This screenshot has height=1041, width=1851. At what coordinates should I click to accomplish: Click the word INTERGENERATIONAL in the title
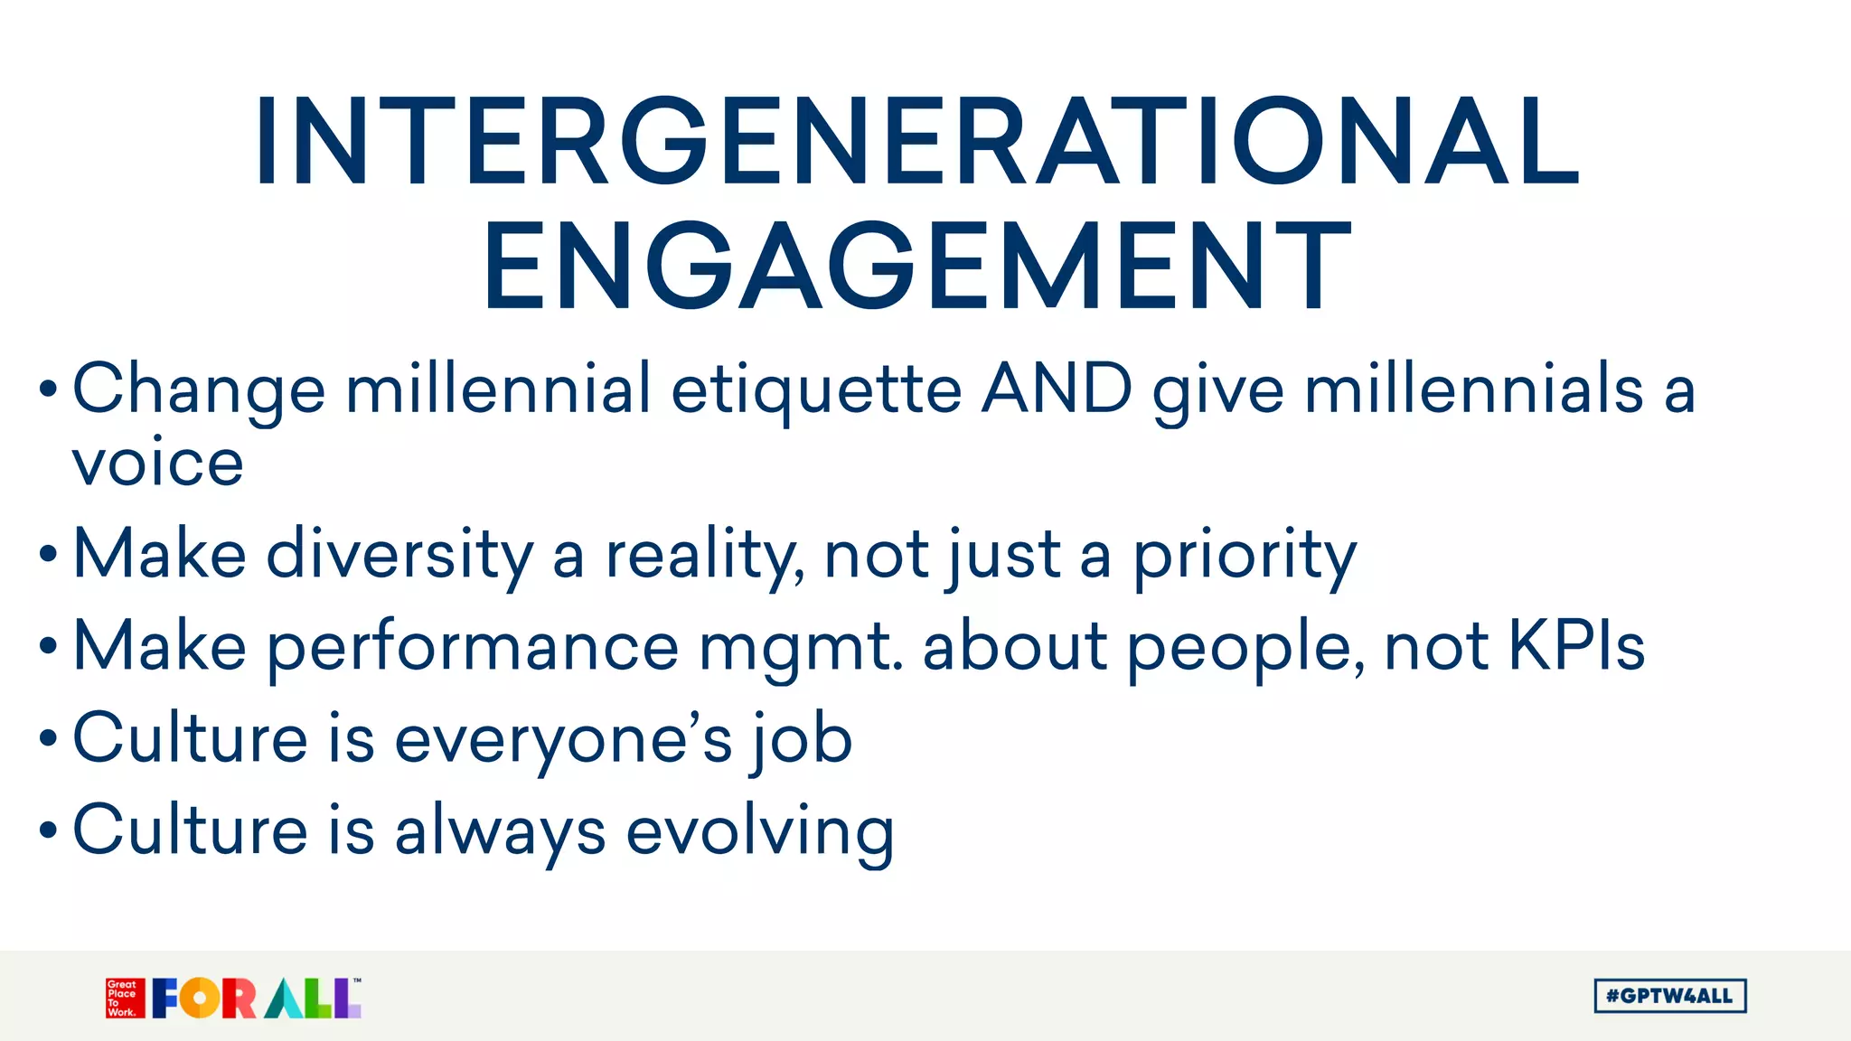(x=916, y=143)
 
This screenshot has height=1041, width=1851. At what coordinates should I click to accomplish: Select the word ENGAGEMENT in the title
(x=916, y=268)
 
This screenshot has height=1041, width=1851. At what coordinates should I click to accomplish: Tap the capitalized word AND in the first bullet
(x=1057, y=389)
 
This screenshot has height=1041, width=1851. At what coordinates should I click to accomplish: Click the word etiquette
(x=815, y=390)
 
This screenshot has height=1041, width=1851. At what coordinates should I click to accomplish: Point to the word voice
(x=157, y=463)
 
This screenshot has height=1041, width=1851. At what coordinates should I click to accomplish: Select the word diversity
(x=400, y=555)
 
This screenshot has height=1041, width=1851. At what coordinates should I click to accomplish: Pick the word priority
(x=1245, y=557)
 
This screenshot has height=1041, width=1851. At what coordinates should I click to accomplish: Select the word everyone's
(x=563, y=739)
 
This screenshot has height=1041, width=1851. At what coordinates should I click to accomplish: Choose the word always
(x=500, y=831)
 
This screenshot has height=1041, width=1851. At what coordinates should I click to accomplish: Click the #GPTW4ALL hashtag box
(x=1669, y=996)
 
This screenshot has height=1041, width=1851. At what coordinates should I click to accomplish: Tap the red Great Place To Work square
(x=125, y=998)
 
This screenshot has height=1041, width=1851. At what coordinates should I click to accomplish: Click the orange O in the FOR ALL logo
(x=200, y=999)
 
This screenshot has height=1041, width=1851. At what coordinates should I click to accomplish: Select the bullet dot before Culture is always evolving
(x=48, y=830)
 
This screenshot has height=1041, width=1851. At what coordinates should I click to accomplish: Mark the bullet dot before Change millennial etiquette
(x=48, y=389)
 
